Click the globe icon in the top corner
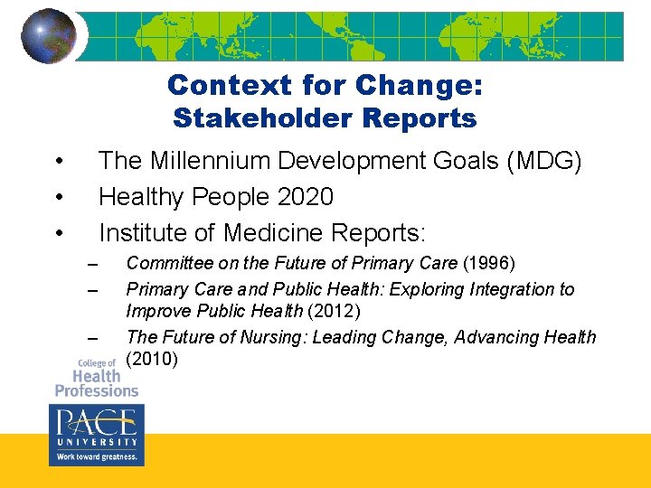(x=48, y=36)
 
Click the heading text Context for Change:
(x=325, y=85)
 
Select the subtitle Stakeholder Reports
(x=325, y=118)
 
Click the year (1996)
(x=488, y=264)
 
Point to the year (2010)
(x=153, y=360)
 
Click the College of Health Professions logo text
(x=96, y=378)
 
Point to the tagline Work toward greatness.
(x=96, y=457)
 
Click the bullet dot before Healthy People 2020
(x=58, y=197)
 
